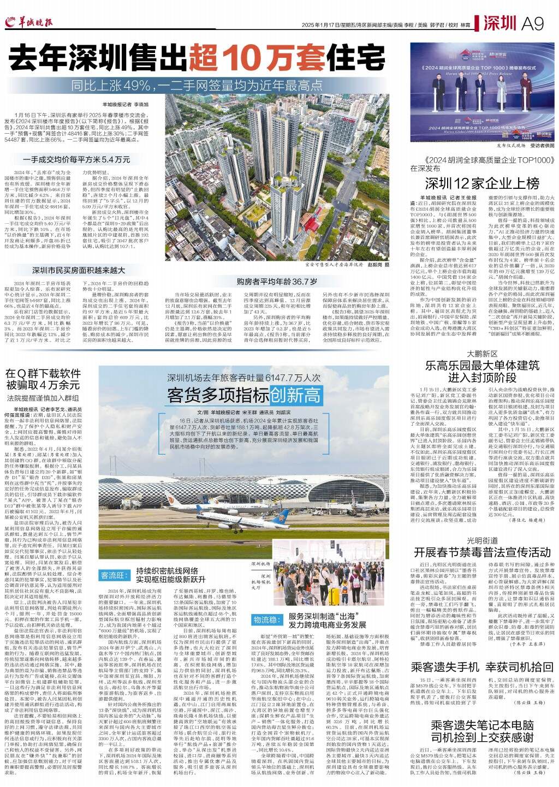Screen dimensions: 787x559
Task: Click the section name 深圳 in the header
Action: [499, 23]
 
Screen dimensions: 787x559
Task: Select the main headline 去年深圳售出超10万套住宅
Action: [197, 59]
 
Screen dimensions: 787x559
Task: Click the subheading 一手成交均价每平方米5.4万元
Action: [76, 159]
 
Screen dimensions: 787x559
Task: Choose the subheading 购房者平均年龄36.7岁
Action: [277, 282]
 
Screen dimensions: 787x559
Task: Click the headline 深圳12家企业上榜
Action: [482, 183]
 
